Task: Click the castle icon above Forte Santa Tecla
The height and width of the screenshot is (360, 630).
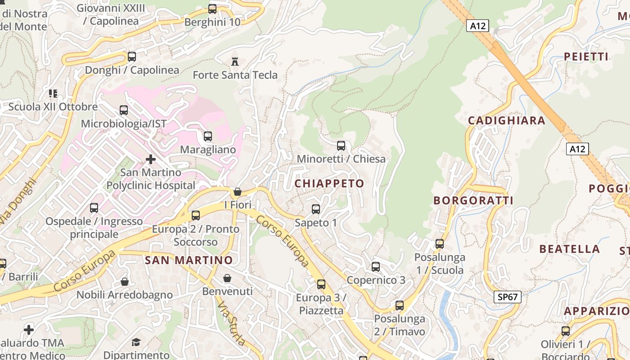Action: (234, 61)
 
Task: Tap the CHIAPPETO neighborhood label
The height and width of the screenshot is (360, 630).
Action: (329, 184)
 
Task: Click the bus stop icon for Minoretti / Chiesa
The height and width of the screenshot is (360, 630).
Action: (341, 146)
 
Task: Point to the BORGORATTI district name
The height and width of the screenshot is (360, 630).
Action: (473, 201)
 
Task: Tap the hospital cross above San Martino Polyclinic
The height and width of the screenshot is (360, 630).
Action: (151, 159)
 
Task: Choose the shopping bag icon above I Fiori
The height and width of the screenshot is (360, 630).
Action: (238, 192)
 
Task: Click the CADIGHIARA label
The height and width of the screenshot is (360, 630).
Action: (507, 121)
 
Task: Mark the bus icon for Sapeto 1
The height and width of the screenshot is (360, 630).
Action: (316, 209)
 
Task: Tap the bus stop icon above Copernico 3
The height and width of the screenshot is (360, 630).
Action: (376, 267)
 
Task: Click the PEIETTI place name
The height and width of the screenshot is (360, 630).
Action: (586, 57)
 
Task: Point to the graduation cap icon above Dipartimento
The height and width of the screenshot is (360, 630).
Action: (136, 342)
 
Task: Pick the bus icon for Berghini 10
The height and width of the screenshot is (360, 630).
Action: (212, 9)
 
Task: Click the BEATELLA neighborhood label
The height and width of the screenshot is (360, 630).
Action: (569, 249)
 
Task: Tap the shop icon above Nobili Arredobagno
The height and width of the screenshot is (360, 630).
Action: (125, 282)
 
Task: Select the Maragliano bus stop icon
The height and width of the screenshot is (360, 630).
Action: (208, 136)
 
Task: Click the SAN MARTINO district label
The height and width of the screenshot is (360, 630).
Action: (189, 260)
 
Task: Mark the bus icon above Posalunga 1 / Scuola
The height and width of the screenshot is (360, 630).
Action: (440, 244)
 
